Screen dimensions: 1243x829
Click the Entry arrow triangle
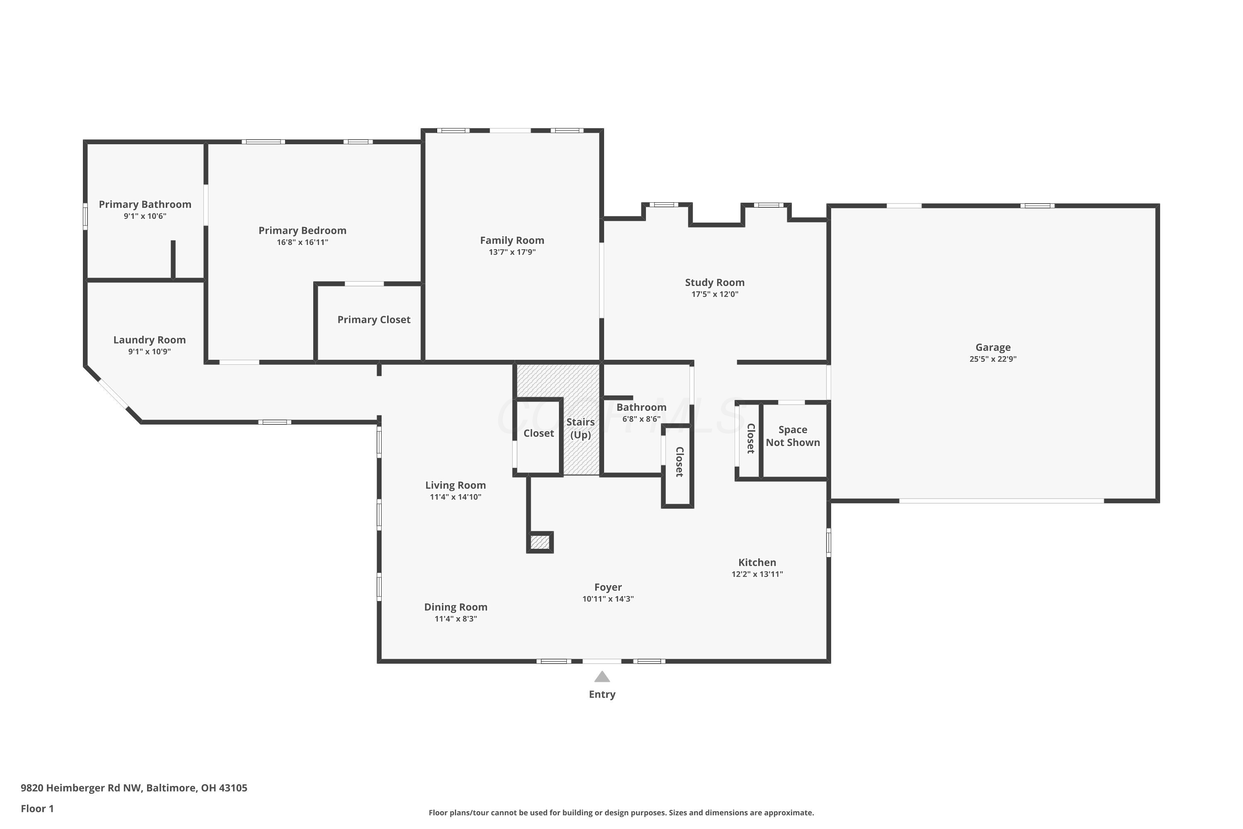click(602, 677)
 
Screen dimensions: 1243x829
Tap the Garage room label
click(993, 347)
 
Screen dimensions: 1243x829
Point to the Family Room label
click(512, 240)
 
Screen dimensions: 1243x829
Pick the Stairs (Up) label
click(580, 429)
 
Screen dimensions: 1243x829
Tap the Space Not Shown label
click(793, 436)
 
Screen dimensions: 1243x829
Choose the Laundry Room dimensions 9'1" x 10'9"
click(150, 351)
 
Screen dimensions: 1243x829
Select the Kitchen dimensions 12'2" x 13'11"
click(757, 574)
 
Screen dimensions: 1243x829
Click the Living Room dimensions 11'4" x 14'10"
click(455, 497)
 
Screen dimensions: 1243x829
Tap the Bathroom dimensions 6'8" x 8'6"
click(641, 419)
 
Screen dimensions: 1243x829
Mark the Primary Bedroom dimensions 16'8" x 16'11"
click(302, 242)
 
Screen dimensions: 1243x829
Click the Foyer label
click(608, 587)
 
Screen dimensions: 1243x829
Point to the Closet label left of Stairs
click(539, 434)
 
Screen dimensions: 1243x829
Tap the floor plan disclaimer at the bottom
click(621, 812)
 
